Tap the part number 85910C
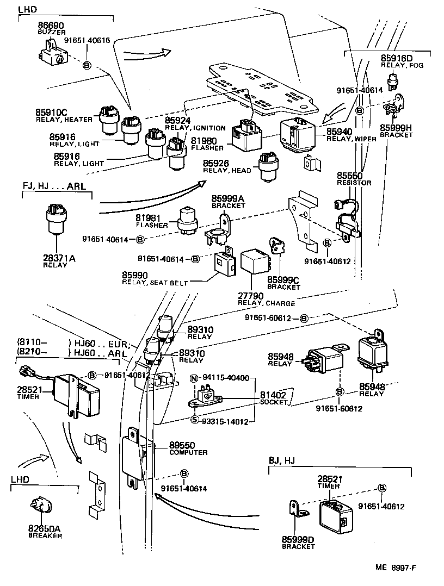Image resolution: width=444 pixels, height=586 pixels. click(x=51, y=113)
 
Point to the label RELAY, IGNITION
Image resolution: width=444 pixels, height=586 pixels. click(x=195, y=128)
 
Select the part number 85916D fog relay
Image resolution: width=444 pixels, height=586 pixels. click(x=397, y=58)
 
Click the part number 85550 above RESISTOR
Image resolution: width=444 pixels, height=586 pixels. click(x=350, y=176)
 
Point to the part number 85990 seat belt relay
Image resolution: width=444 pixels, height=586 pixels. click(x=135, y=276)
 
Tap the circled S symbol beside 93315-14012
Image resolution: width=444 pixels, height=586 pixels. click(x=194, y=420)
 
